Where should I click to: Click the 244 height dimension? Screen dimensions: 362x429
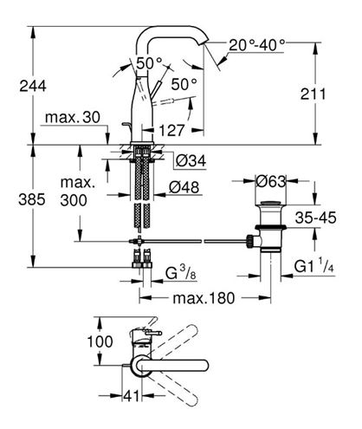click(33, 86)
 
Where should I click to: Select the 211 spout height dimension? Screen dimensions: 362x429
click(313, 94)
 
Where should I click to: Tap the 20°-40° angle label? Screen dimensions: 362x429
click(257, 45)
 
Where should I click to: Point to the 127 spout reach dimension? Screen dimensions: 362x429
click(171, 131)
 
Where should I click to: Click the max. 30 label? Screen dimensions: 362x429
click(73, 118)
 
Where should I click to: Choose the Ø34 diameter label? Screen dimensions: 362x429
click(191, 161)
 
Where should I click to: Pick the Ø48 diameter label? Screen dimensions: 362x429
click(184, 188)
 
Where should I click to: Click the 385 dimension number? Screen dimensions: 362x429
click(32, 199)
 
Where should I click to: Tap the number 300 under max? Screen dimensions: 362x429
click(74, 200)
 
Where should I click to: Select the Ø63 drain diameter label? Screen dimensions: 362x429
click(271, 181)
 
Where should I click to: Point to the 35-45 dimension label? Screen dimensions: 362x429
click(315, 218)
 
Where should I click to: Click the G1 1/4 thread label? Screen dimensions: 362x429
click(314, 266)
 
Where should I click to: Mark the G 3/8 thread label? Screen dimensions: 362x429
click(181, 273)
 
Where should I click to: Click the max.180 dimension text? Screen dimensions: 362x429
click(204, 298)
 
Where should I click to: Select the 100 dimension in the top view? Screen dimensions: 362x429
click(100, 341)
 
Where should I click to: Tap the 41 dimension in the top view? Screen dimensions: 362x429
click(132, 396)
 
